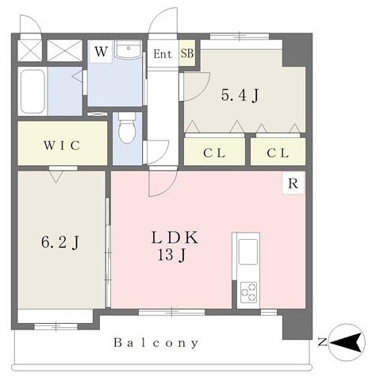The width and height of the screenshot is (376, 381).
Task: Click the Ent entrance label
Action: [x=163, y=54]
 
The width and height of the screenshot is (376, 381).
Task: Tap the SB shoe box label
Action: [x=187, y=53]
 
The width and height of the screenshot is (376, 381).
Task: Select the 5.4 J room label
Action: [x=240, y=95]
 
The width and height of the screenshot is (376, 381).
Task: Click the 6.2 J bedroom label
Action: [x=60, y=242]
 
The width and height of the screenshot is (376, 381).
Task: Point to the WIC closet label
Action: [x=62, y=145]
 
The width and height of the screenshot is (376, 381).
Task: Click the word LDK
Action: [x=175, y=237]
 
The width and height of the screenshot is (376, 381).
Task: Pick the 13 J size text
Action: [x=172, y=256]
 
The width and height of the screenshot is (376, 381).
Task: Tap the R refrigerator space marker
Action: [x=293, y=183]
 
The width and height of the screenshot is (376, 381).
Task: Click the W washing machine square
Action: [x=101, y=52]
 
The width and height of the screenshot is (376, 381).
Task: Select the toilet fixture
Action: [x=127, y=128]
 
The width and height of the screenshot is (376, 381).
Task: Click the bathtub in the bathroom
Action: [x=33, y=91]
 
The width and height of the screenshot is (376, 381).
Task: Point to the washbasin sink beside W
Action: [x=129, y=49]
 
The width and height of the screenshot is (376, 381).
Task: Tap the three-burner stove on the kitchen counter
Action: [x=248, y=292]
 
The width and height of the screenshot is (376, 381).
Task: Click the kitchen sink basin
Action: [x=248, y=252]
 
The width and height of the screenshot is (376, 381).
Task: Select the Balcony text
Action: [x=156, y=343]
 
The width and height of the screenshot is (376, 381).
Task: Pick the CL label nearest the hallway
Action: [x=214, y=153]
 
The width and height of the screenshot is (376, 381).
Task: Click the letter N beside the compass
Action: [x=322, y=343]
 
